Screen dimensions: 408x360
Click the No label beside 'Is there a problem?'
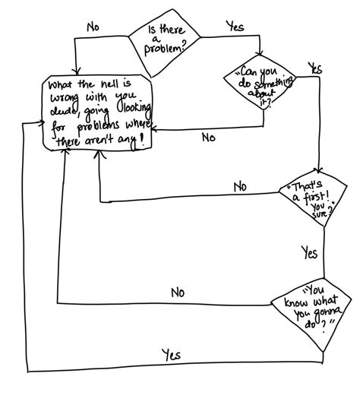pyautogui.click(x=93, y=27)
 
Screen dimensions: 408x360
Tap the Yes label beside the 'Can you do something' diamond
pyautogui.click(x=314, y=68)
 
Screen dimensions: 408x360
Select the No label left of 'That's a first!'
pyautogui.click(x=240, y=187)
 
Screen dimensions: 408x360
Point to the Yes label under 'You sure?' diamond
pyautogui.click(x=309, y=252)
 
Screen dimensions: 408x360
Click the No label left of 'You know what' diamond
pyautogui.click(x=178, y=292)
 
